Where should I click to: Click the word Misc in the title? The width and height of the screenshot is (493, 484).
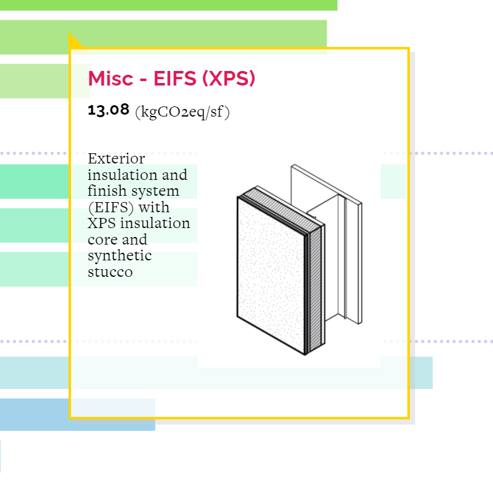110,78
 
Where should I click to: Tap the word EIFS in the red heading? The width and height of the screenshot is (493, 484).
175,78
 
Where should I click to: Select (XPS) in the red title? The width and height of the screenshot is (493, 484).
228,78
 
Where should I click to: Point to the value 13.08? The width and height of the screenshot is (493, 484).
108,110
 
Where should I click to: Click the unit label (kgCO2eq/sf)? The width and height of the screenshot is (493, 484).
182,112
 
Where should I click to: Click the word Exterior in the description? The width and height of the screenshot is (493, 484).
116,158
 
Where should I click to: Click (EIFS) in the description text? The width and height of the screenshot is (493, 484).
111,207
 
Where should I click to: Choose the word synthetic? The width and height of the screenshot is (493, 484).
119,256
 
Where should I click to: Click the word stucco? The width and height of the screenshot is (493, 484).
110,272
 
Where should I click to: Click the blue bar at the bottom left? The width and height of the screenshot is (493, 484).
77,415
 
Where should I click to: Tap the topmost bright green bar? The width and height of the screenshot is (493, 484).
169,5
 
